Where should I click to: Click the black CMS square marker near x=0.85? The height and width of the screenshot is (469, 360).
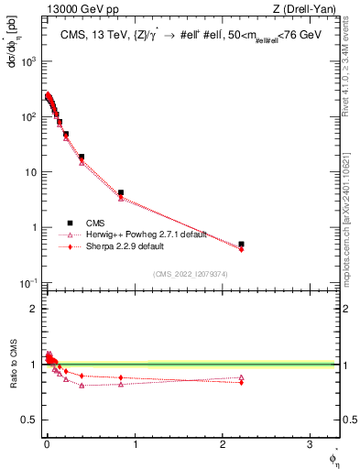(121, 193)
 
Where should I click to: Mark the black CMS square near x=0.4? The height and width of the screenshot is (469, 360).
(82, 157)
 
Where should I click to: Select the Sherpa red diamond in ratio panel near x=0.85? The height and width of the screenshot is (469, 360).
(121, 377)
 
